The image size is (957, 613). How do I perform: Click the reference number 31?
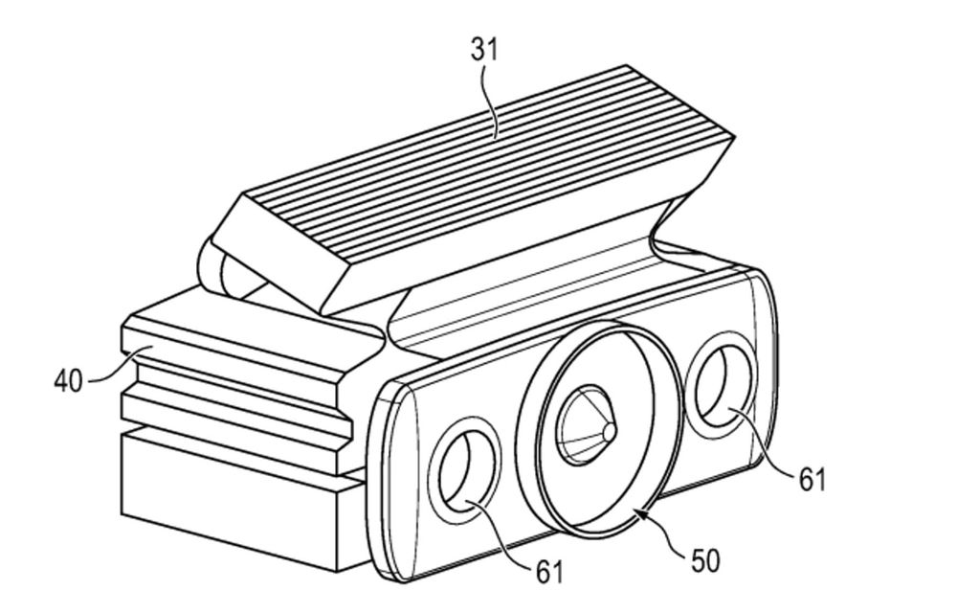coord(484,49)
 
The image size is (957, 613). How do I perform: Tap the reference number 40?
coord(68,381)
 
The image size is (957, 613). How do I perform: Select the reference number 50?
coord(705,560)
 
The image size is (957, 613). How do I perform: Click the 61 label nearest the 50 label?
coord(549,572)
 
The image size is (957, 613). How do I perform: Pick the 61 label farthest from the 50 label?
coord(812,480)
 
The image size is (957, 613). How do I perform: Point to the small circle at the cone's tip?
coord(609,431)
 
